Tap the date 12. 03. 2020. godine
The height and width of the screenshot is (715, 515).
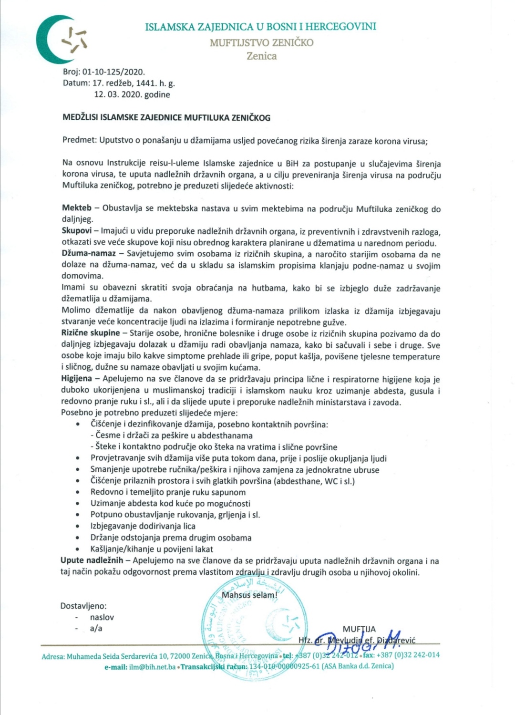132,94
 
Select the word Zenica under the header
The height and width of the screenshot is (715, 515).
261,56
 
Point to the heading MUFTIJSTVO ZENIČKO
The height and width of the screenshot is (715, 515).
261,42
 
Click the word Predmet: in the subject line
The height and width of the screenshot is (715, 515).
79,141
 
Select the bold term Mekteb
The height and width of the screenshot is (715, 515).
77,208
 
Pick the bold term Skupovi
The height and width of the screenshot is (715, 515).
76,231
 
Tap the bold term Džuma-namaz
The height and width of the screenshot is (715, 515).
89,253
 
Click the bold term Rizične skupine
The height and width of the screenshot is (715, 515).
91,333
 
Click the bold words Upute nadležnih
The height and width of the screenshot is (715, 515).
92,560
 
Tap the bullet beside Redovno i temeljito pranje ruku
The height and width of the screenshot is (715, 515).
78,492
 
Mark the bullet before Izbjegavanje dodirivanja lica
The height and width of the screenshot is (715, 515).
78,527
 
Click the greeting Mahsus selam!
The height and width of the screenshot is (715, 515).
249,595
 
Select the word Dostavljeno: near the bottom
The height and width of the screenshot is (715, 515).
83,606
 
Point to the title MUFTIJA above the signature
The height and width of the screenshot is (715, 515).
359,629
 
